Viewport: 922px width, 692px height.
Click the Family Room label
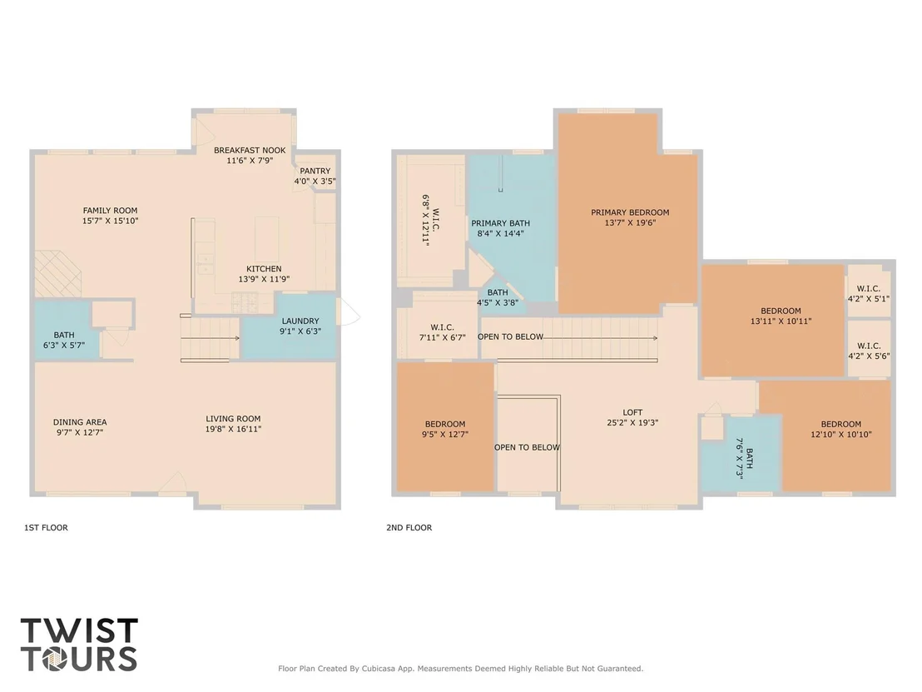pyautogui.click(x=110, y=210)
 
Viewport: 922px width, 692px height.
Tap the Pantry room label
pyautogui.click(x=315, y=171)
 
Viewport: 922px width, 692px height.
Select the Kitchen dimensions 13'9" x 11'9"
pyautogui.click(x=264, y=279)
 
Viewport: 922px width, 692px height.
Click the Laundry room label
pyautogui.click(x=300, y=321)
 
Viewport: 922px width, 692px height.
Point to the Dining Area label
pyautogui.click(x=80, y=422)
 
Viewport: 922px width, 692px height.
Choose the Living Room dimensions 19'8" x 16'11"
pyautogui.click(x=234, y=429)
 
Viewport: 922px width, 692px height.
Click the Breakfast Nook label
pyautogui.click(x=250, y=150)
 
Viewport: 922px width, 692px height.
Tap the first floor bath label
pyautogui.click(x=64, y=335)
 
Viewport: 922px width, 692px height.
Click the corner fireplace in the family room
pyautogui.click(x=57, y=274)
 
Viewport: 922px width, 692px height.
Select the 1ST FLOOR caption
pyautogui.click(x=46, y=528)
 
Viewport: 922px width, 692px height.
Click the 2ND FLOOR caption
pyautogui.click(x=409, y=528)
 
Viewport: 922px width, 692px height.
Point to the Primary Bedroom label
pyautogui.click(x=631, y=212)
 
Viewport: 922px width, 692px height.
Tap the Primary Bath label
pyautogui.click(x=500, y=223)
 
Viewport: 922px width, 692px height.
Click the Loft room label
pyautogui.click(x=632, y=412)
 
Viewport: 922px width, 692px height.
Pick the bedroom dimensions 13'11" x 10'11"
pyautogui.click(x=781, y=321)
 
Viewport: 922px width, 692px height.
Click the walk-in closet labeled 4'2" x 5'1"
pyautogui.click(x=869, y=294)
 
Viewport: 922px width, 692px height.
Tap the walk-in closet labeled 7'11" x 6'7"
pyautogui.click(x=442, y=332)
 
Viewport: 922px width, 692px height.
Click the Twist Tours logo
pyautogui.click(x=79, y=645)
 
